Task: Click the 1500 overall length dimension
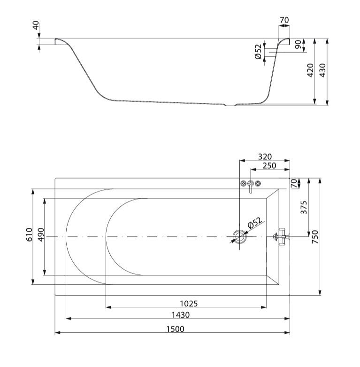176,329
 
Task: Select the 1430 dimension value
181,315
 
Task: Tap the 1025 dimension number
189,304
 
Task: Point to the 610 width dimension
29,234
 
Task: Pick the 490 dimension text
41,234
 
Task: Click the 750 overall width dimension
315,237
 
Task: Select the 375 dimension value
303,207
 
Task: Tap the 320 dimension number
265,156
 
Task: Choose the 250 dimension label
269,165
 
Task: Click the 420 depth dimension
310,70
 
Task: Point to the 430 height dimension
322,70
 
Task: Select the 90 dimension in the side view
298,44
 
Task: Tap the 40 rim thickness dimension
36,25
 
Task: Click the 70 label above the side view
284,20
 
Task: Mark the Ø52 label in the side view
258,52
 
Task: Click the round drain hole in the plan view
240,237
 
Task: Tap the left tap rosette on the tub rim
243,183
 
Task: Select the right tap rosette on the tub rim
258,183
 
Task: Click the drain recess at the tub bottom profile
231,105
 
